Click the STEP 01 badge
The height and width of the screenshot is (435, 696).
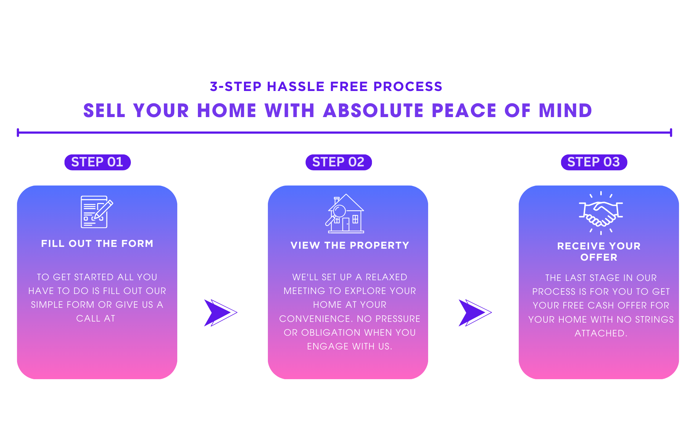[97, 162]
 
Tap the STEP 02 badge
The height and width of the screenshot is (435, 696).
[338, 162]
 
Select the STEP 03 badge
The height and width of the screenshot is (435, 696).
[593, 162]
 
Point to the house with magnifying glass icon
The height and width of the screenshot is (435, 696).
[345, 214]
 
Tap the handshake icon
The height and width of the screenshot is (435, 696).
[601, 213]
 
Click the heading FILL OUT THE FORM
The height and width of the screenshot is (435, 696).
[97, 244]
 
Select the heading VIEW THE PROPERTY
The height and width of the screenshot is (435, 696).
[350, 245]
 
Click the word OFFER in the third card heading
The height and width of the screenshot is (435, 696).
[599, 257]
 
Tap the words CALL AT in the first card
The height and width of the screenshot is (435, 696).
[96, 319]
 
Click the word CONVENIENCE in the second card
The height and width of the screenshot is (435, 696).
[315, 319]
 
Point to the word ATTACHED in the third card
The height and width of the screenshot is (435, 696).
[600, 333]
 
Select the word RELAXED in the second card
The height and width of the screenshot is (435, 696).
[386, 277]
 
